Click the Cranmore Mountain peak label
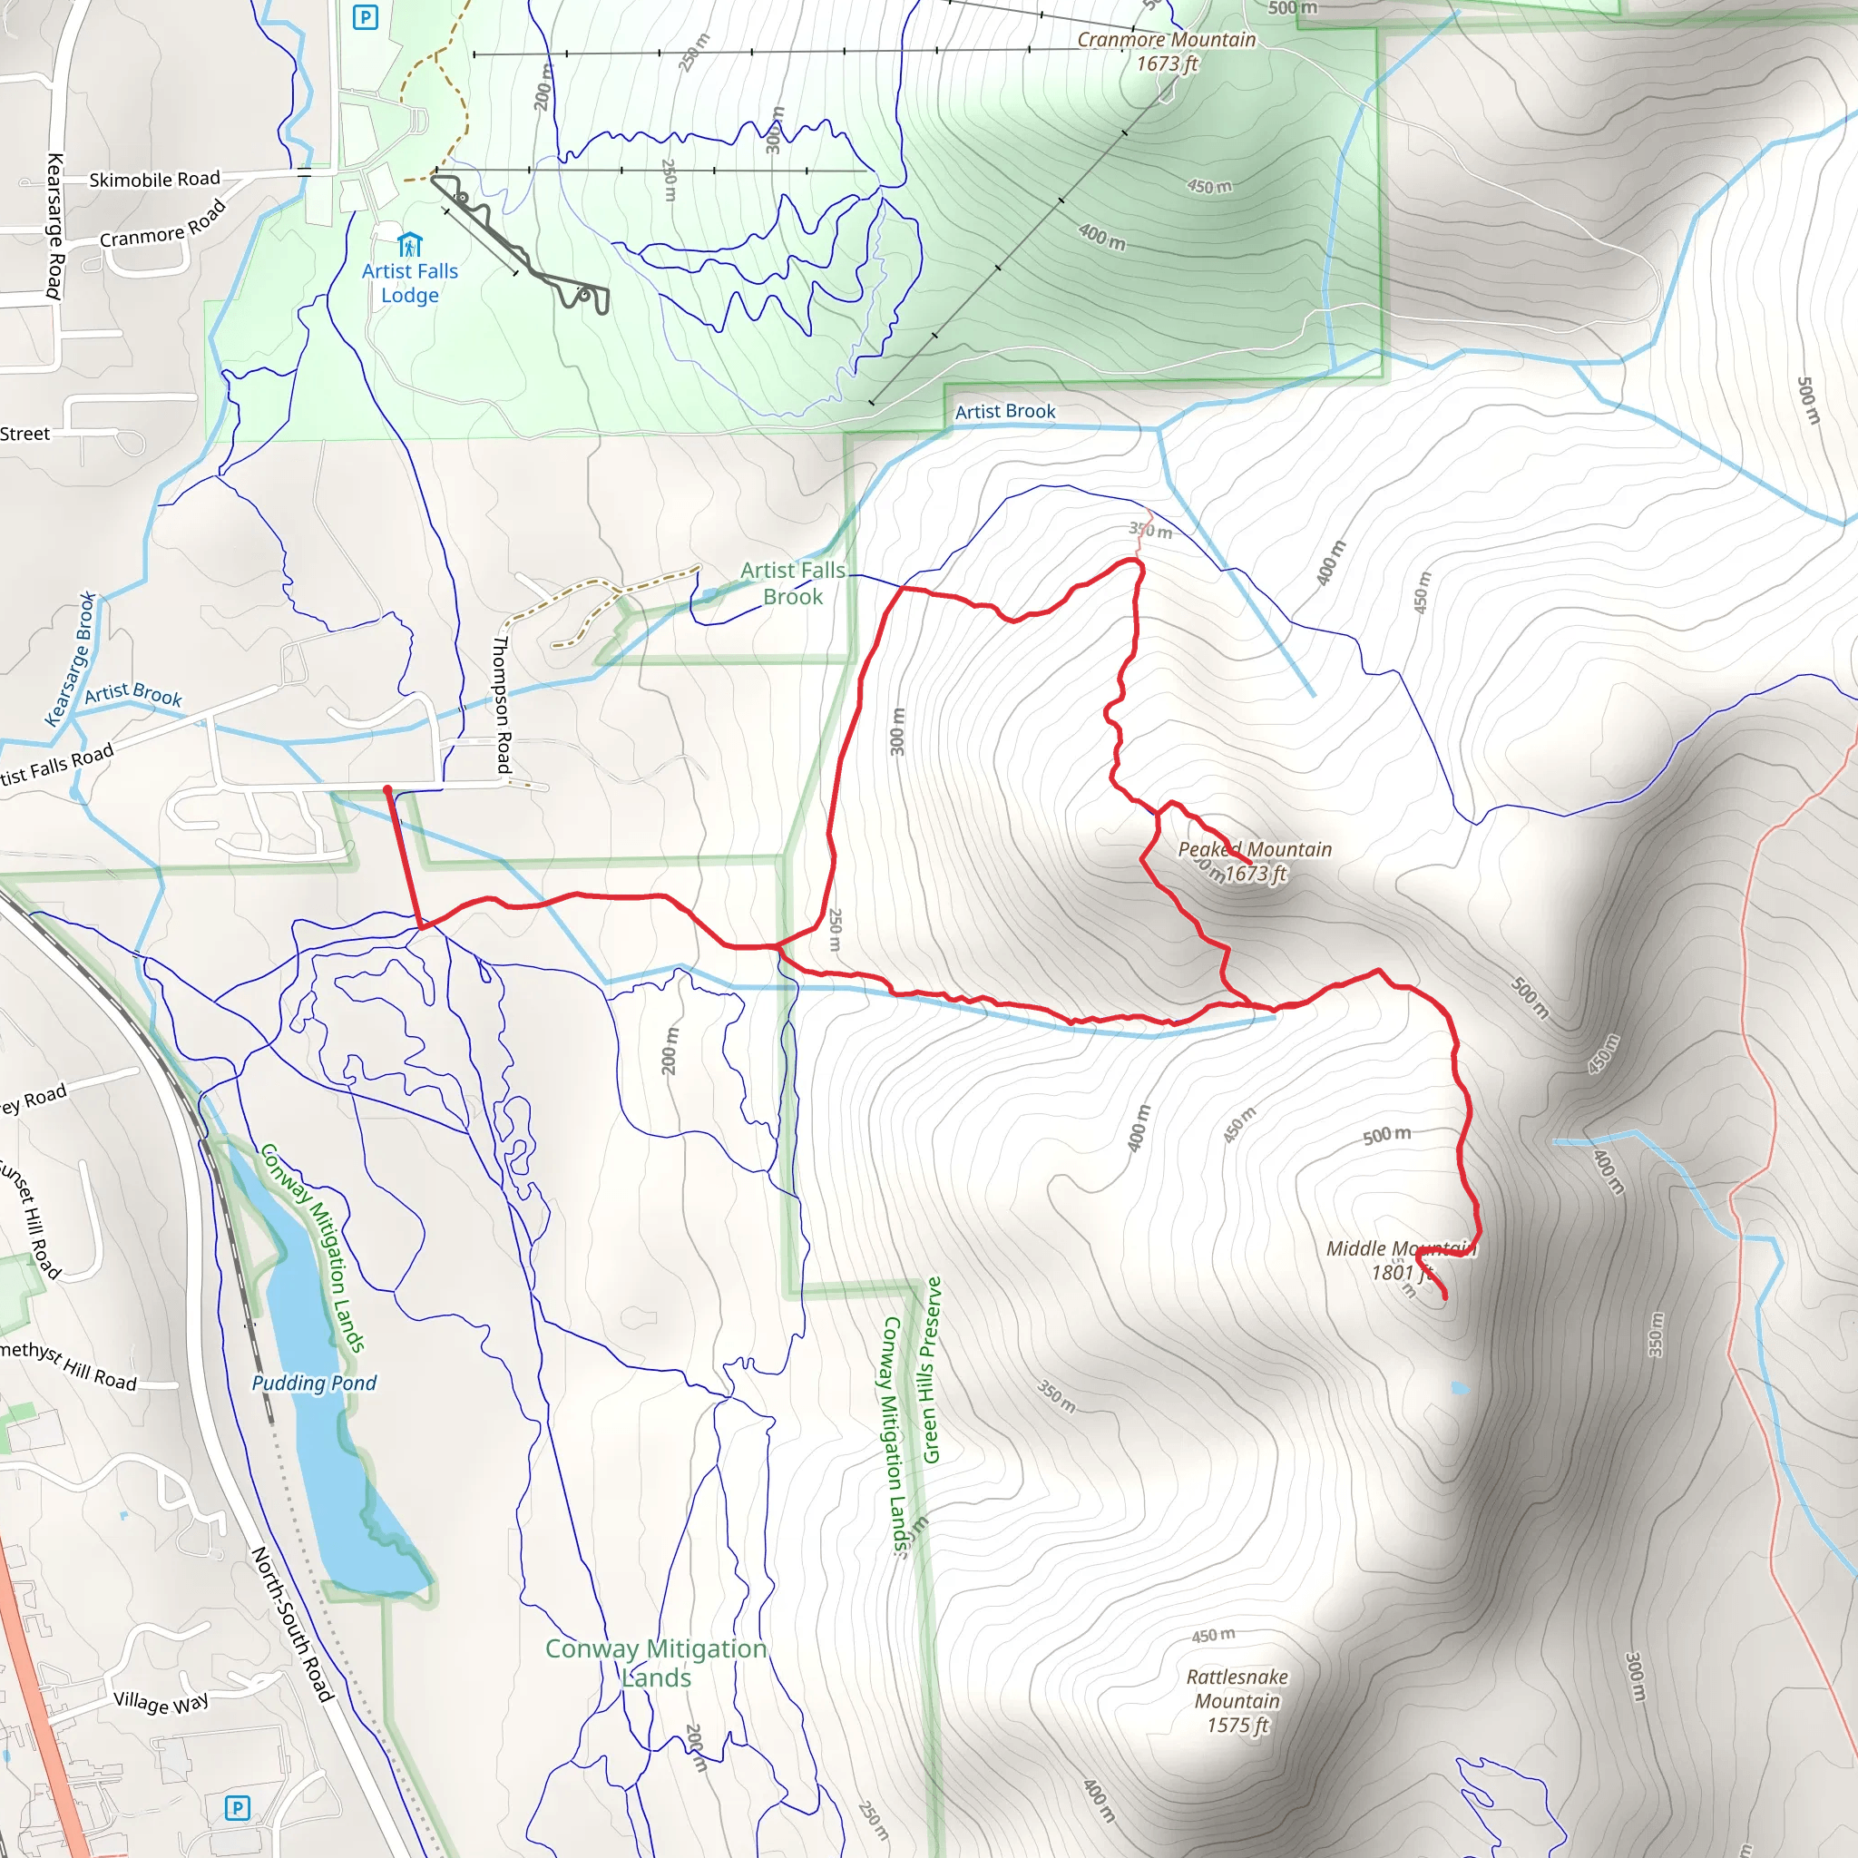(1167, 51)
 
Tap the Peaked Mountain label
(1255, 861)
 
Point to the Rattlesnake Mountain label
(1237, 1700)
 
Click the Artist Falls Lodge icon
(410, 244)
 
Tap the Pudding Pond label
(314, 1383)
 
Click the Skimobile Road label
(154, 180)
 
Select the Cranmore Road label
(162, 225)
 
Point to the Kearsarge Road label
(55, 226)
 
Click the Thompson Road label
(502, 704)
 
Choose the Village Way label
(161, 1701)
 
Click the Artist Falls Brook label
(792, 583)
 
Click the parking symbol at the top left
(366, 17)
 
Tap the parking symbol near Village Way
(237, 1808)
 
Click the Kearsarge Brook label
(70, 659)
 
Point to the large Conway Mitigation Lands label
(656, 1663)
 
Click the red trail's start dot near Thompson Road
(387, 789)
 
